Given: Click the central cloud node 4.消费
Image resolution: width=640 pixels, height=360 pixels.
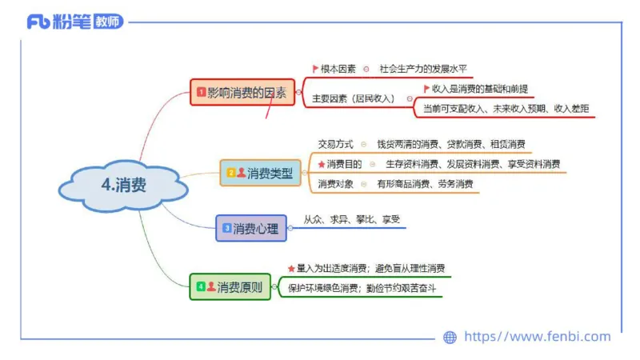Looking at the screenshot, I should coord(123,185).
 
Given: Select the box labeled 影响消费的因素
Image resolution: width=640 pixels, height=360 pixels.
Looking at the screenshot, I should coord(242,92).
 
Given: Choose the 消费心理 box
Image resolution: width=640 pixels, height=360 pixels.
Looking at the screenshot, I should coord(250,228).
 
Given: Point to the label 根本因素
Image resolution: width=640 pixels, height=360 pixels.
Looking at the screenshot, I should coord(338,69).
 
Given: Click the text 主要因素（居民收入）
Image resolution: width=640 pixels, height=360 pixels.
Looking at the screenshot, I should coord(353,99).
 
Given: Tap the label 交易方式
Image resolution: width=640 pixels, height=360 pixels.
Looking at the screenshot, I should coord(335,144).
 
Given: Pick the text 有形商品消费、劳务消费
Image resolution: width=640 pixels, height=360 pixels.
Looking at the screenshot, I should coord(425,184).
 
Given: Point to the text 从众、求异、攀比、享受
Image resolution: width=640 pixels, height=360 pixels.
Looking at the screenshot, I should coord(351,219).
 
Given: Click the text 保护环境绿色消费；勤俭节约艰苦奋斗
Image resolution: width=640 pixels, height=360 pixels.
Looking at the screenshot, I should coord(362,287).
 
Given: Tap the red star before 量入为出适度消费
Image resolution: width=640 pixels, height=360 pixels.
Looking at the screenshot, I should coord(291,268).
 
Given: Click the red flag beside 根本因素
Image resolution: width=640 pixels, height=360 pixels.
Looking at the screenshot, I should coord(315,69).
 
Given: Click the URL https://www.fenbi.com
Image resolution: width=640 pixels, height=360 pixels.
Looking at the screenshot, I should coord(537,337).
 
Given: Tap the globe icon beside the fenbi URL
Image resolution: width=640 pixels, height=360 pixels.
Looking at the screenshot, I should coord(450,338).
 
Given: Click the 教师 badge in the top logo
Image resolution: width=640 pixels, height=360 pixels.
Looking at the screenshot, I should coord(108,22).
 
